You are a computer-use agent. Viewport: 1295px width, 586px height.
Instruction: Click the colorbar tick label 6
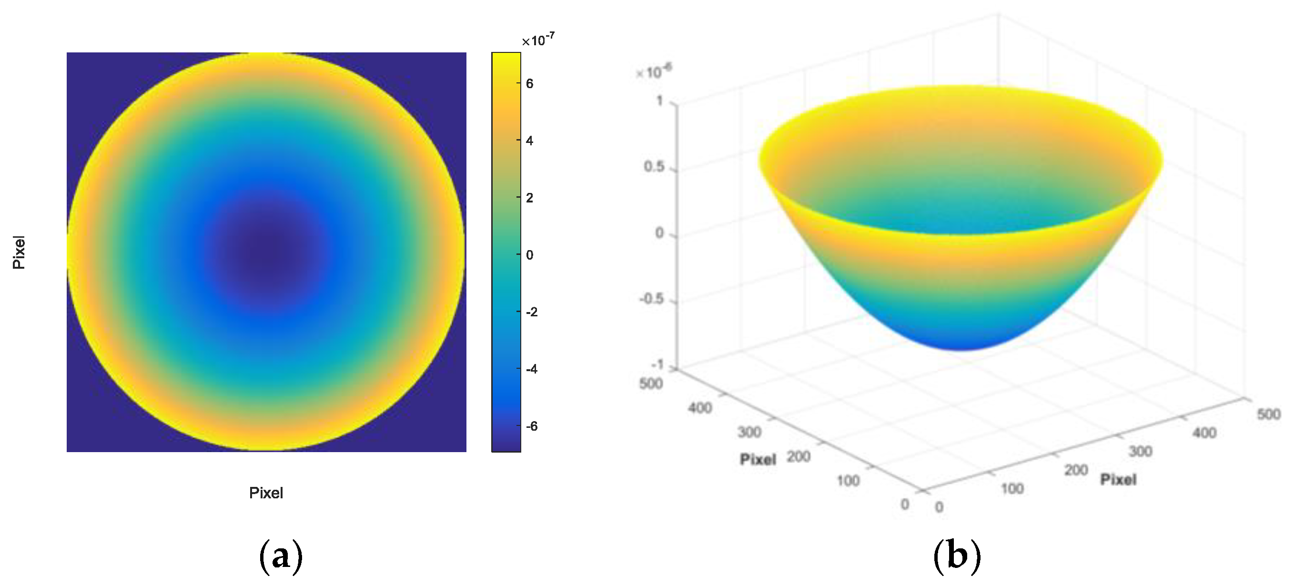(529, 84)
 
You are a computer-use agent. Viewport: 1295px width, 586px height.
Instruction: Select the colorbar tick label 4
(529, 141)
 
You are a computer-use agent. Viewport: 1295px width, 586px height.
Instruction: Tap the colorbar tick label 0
(529, 255)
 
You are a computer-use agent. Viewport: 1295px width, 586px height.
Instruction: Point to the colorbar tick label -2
(531, 312)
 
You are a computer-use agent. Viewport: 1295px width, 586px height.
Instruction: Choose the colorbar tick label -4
(531, 369)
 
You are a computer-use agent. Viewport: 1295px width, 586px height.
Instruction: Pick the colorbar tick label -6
(531, 427)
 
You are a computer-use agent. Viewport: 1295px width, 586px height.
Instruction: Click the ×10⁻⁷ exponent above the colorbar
(538, 40)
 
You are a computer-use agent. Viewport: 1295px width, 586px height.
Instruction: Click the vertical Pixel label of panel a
(19, 253)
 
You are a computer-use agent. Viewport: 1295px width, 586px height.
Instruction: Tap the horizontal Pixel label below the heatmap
(266, 493)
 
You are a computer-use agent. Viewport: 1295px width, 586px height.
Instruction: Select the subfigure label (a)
(281, 556)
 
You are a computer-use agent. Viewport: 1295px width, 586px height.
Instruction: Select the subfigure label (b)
(957, 556)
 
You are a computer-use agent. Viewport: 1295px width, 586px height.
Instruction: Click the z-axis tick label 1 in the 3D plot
(659, 101)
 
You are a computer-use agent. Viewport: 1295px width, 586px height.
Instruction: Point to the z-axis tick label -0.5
(651, 299)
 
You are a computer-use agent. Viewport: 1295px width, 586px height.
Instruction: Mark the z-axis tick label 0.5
(654, 167)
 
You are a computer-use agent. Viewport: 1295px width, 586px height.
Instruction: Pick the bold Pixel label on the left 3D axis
(758, 459)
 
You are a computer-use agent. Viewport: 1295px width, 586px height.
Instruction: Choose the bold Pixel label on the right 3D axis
(1118, 479)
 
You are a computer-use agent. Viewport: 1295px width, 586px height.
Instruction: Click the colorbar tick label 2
(529, 198)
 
